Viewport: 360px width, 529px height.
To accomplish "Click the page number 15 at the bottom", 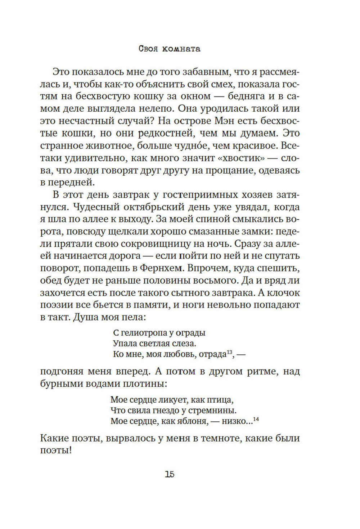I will coord(170,474).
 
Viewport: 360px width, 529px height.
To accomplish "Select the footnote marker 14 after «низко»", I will coord(256,419).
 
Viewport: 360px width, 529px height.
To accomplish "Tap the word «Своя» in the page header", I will coord(148,49).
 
